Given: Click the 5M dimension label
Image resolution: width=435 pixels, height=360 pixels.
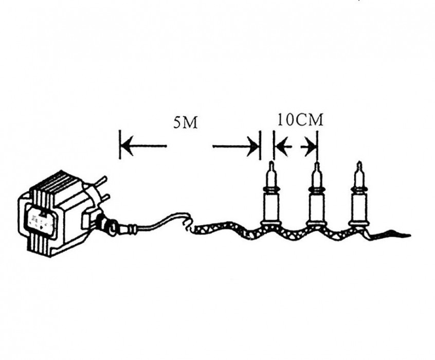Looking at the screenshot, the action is click(x=185, y=122).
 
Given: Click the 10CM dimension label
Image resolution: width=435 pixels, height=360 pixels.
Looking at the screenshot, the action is click(x=300, y=120).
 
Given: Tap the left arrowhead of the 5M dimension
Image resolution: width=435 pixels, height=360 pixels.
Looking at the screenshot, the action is click(x=127, y=146).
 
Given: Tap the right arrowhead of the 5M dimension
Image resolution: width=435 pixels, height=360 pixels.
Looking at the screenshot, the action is click(x=253, y=146).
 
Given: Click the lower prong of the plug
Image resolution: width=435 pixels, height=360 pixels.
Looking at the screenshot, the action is click(x=103, y=200).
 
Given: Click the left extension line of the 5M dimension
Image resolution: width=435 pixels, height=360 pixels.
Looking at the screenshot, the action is click(x=120, y=145).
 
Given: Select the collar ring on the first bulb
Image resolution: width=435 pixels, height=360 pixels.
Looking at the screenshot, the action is click(x=271, y=190).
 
